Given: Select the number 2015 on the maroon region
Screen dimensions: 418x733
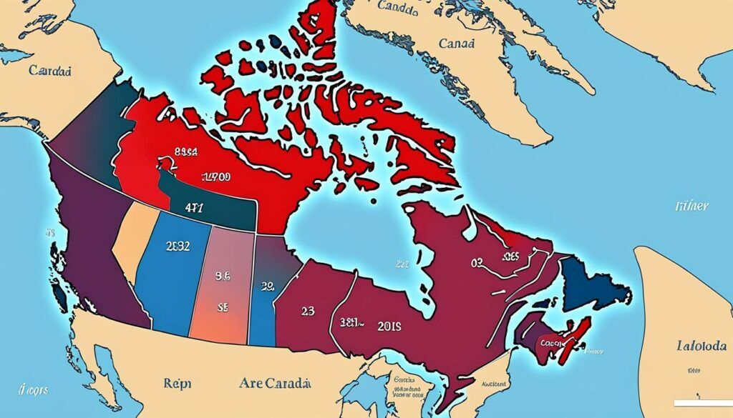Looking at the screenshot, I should click(387, 326).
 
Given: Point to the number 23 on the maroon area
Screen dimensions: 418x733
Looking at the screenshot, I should click(307, 312).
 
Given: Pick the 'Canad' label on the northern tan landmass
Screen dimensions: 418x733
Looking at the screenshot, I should click(455, 44).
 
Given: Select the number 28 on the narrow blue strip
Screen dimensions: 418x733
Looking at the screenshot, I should click(268, 287).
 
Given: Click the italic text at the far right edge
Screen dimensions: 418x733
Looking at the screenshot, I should click(691, 206).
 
